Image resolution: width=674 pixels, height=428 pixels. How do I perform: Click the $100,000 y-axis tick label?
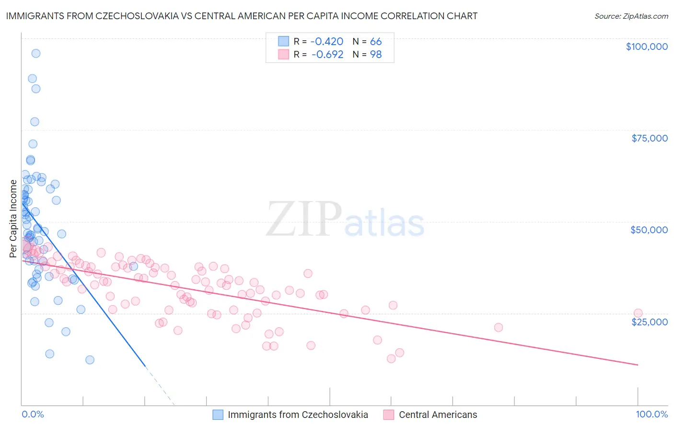tap(647, 47)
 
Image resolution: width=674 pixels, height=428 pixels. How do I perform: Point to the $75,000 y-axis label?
tap(650, 138)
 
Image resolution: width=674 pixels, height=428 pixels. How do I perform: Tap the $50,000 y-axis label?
tap(649, 230)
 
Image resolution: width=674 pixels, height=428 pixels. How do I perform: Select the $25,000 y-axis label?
tap(649, 321)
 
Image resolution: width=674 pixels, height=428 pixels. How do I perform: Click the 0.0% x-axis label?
tap(33, 415)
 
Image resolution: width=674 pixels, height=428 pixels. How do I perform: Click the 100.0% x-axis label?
tap(651, 415)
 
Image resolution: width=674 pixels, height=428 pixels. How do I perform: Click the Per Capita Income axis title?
tap(13, 219)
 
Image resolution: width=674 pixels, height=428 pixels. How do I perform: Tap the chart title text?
tap(242, 16)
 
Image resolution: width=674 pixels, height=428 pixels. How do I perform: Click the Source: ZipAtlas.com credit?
tap(631, 16)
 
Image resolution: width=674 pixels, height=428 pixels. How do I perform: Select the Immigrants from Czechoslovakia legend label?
tap(298, 415)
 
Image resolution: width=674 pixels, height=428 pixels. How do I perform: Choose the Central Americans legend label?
tap(438, 415)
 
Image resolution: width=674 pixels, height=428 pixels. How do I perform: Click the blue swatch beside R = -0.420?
tap(284, 42)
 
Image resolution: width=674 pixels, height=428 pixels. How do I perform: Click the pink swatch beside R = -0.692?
tap(284, 55)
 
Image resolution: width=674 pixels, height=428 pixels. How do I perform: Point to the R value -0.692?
tap(327, 55)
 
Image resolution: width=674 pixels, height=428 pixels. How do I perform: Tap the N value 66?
tap(376, 42)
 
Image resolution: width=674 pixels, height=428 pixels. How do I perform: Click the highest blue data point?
tap(35, 53)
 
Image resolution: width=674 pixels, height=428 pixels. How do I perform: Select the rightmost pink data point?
tap(638, 313)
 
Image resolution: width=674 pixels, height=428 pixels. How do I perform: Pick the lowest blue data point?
tap(90, 360)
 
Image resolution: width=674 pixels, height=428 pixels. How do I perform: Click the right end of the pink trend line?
tap(638, 365)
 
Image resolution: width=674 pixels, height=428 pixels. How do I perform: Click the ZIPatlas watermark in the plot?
tap(345, 220)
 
